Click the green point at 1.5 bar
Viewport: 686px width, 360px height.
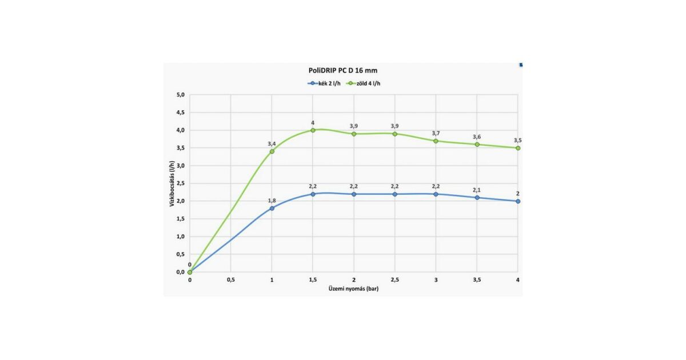pos(313,130)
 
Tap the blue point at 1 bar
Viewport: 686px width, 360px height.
pos(272,208)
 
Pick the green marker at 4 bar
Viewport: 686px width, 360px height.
pos(518,148)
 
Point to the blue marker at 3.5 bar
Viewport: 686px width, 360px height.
pos(477,198)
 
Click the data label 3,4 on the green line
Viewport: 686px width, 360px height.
pos(272,143)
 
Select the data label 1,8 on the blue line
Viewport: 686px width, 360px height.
pos(272,200)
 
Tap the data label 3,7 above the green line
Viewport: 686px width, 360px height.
pos(436,133)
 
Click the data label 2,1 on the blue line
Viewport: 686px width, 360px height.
pos(477,190)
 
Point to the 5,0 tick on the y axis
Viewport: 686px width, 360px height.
pos(180,95)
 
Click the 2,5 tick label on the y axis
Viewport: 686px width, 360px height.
pos(180,183)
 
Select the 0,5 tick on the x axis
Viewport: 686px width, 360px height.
pos(230,280)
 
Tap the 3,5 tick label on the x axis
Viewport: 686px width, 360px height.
pos(477,280)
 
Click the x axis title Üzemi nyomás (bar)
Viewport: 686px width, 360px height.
pos(353,289)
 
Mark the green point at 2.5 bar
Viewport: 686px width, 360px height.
pos(394,134)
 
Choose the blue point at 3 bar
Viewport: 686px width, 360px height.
pos(436,194)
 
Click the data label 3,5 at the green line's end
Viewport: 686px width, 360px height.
pos(518,140)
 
